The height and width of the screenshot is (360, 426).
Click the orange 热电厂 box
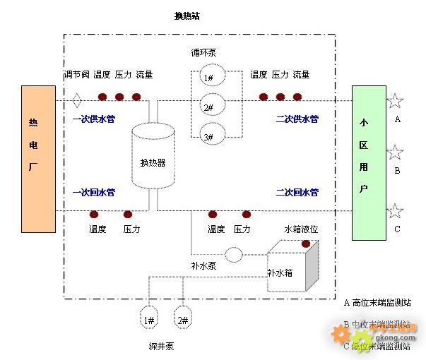38,159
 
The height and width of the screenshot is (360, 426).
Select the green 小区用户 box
369,162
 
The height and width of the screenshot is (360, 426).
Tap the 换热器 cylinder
153,159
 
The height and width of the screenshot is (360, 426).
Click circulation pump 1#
209,78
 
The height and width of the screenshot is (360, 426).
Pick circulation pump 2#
209,107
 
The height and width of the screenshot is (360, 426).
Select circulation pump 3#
209,136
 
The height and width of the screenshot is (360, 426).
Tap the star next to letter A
395,101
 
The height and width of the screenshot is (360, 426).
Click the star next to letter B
395,152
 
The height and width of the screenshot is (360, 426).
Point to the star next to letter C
395,211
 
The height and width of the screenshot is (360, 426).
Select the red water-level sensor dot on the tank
306,244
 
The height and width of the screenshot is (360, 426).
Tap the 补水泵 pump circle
233,254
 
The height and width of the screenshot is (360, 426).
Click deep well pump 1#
149,319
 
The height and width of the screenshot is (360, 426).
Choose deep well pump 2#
182,319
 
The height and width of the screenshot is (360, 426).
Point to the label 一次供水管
93,119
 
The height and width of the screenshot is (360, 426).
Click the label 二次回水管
297,192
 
